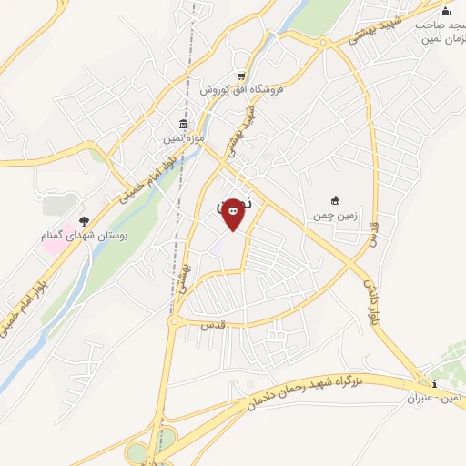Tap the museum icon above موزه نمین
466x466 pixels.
click(184, 124)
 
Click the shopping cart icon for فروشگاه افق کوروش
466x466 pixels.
click(240, 76)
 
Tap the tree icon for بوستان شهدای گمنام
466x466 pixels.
click(84, 221)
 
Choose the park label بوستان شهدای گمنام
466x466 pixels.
click(83, 236)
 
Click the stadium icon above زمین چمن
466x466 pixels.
click(334, 200)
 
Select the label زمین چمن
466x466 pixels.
click(333, 214)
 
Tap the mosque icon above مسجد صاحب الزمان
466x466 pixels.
click(445, 11)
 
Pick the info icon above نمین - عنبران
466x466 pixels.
click(435, 383)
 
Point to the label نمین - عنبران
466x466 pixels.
click(436, 398)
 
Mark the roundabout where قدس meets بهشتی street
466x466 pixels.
click(173, 320)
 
